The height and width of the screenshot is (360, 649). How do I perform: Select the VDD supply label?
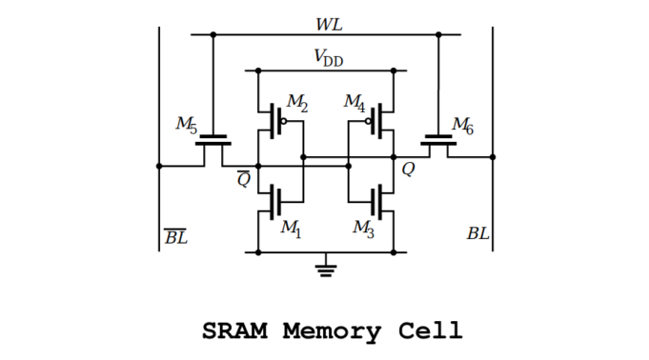pos(328,58)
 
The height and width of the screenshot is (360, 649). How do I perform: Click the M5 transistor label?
pos(186,124)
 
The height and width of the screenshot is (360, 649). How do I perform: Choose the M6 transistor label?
pos(462,124)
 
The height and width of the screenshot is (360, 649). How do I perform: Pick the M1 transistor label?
pos(291,228)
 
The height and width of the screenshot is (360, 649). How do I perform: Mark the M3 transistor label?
pos(363,228)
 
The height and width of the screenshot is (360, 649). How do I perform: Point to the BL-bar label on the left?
pos(176,236)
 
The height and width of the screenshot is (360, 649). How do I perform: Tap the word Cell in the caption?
pos(430,331)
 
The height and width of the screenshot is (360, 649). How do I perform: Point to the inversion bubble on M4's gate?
pos(367,122)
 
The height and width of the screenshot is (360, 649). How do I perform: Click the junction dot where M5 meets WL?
pos(213,35)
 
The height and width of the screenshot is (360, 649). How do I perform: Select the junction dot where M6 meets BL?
pos(493,157)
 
